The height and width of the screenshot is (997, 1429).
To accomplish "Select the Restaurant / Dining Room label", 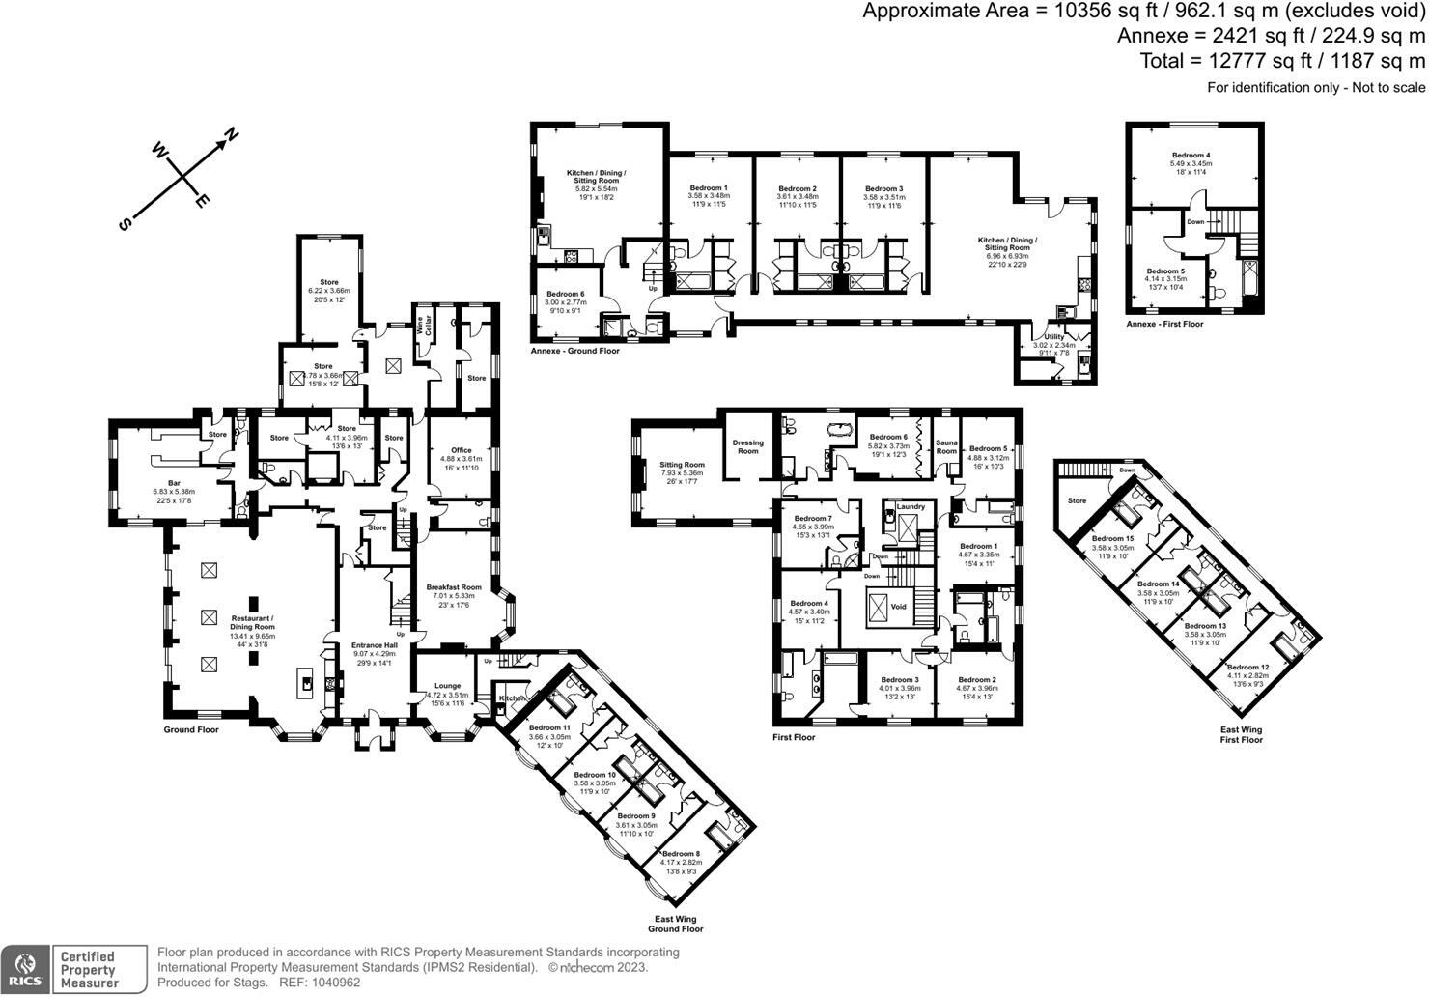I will click(x=252, y=618).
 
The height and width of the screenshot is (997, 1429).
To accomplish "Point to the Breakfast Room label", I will click(x=454, y=587).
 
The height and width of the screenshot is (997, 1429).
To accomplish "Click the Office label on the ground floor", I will click(x=462, y=450).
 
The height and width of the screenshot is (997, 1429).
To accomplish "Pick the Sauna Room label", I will click(x=946, y=447).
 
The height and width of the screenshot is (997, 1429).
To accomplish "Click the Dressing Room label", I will click(x=748, y=447).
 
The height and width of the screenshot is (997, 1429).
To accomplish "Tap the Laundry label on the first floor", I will click(x=911, y=506).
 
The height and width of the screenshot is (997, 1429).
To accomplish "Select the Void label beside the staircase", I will click(x=899, y=607).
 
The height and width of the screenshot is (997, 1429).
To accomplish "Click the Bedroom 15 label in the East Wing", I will click(x=1112, y=539).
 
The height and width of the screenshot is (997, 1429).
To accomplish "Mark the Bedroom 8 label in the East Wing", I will click(x=682, y=854).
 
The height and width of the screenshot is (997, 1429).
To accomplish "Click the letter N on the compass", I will click(x=232, y=135).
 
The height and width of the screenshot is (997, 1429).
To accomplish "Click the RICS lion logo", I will click(x=25, y=969).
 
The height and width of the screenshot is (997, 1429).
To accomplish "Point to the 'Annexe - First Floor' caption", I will click(x=1164, y=324).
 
